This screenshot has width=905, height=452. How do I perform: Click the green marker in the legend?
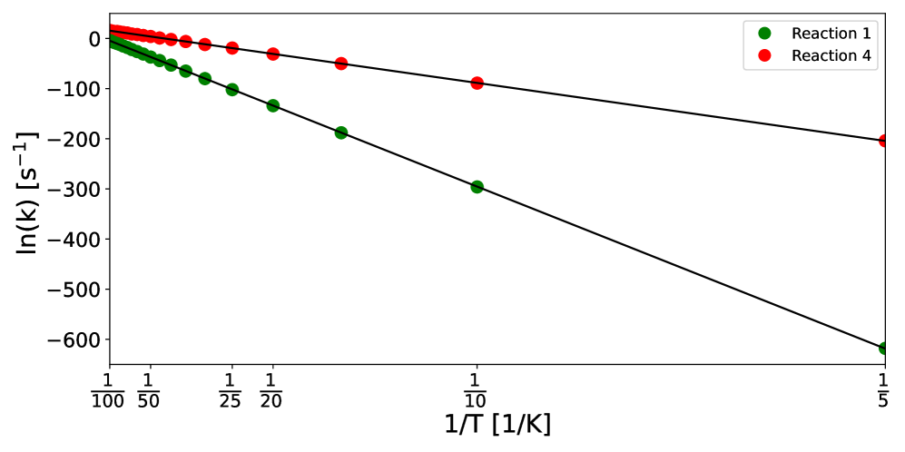tap(764, 34)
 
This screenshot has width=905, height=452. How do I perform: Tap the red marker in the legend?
tap(764, 56)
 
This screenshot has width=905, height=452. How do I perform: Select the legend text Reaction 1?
tap(831, 34)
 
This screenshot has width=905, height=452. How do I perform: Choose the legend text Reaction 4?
tap(831, 56)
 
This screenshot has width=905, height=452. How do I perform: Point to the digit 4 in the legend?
tap(866, 56)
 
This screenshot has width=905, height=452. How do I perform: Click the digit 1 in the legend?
tap(866, 34)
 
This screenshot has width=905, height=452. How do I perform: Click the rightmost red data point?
tap(883, 141)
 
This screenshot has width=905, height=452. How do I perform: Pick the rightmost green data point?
tap(883, 349)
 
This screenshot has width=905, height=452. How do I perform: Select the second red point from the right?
tap(477, 84)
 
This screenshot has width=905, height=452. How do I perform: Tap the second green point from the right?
tap(477, 187)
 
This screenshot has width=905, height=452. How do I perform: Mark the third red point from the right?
tap(341, 64)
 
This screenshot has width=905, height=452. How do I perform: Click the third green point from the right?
tap(341, 133)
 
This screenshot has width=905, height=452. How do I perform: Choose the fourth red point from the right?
tap(273, 54)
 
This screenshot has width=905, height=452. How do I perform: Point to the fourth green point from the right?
tap(273, 106)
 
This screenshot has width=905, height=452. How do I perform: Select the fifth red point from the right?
tap(232, 48)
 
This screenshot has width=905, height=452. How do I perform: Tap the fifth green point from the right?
tap(232, 90)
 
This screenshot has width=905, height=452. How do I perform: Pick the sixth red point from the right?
tap(205, 44)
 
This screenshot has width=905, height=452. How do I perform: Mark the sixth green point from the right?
tap(205, 79)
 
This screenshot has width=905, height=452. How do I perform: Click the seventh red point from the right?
tap(186, 42)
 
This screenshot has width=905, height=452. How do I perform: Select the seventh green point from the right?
tap(186, 72)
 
